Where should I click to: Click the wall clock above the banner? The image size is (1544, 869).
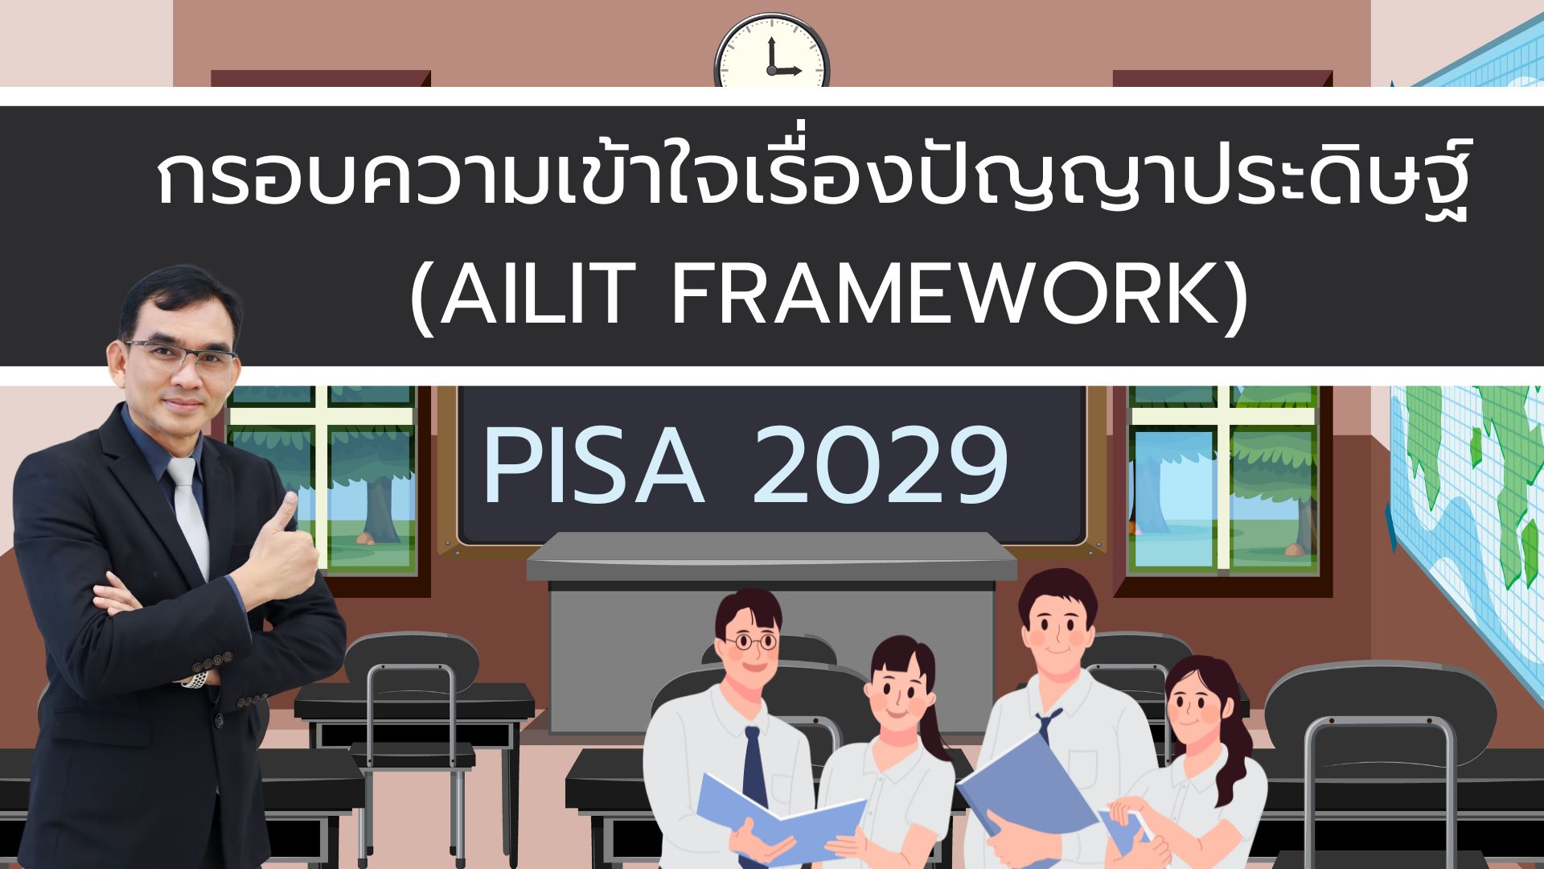[772, 51]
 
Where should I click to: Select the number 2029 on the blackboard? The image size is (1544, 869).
[880, 467]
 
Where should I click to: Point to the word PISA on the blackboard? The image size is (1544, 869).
[593, 467]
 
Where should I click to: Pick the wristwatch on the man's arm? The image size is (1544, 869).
[195, 679]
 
